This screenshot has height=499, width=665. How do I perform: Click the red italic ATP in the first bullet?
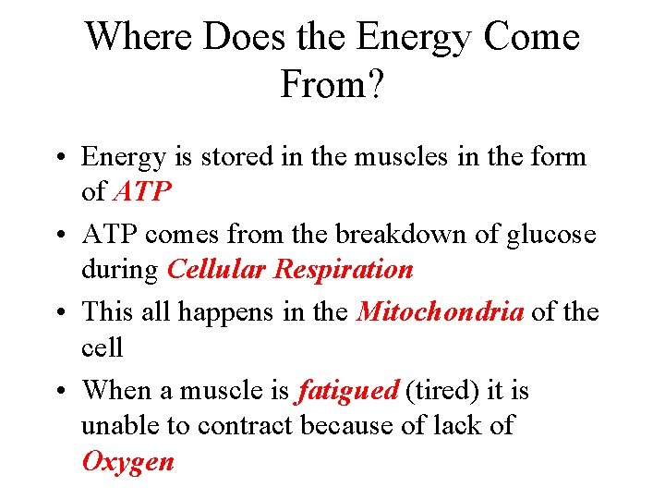[x=142, y=191]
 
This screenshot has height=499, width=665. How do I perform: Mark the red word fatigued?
[x=347, y=392]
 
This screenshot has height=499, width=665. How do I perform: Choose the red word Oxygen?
[x=127, y=462]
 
